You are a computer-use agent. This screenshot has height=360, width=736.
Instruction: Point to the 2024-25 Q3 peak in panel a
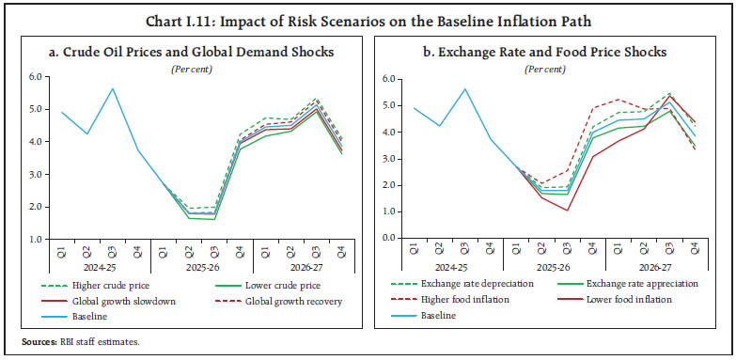pos(113,88)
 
